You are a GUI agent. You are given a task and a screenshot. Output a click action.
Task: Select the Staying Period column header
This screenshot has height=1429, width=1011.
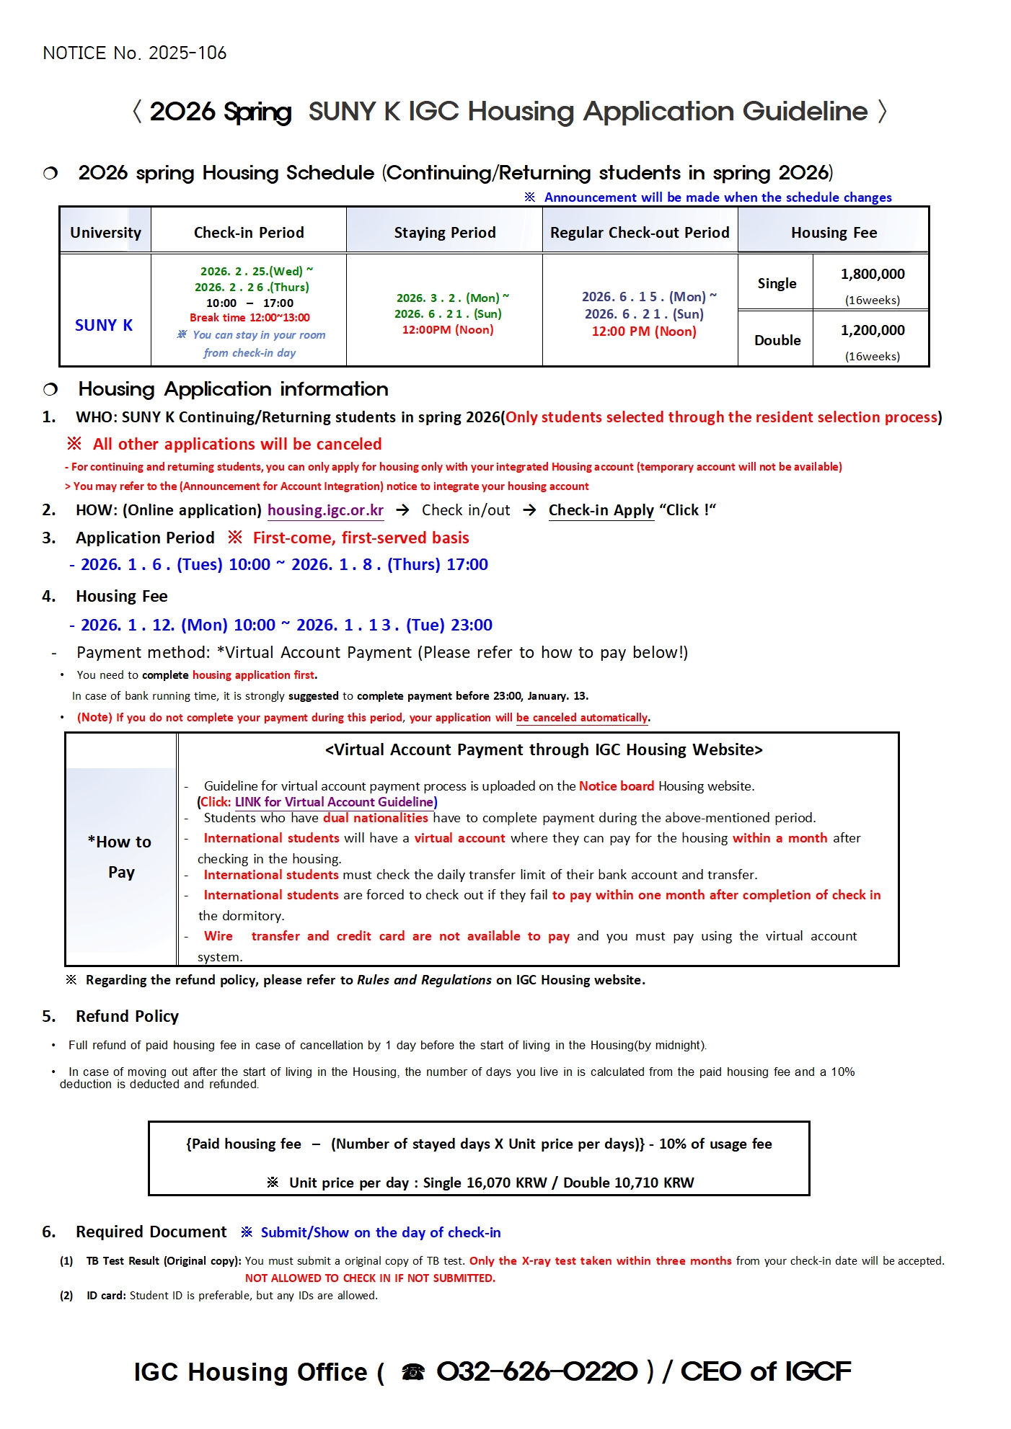[x=444, y=233]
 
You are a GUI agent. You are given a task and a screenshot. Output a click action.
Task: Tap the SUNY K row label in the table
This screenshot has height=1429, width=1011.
[x=104, y=326]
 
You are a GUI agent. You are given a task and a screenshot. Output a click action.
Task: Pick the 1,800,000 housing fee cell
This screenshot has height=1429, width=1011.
[x=872, y=275]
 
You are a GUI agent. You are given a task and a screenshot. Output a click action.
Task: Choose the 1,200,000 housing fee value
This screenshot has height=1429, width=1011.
[x=872, y=331]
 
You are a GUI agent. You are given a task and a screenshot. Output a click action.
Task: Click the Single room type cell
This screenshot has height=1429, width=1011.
[x=777, y=284]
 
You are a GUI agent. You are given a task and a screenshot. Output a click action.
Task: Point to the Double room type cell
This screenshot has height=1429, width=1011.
[x=777, y=340]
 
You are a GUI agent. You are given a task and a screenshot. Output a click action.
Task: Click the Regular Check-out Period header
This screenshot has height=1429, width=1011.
[x=640, y=233]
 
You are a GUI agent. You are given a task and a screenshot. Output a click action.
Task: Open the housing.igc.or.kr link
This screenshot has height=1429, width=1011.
[x=325, y=510]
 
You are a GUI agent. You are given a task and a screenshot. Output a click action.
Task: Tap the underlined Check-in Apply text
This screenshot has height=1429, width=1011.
[x=601, y=510]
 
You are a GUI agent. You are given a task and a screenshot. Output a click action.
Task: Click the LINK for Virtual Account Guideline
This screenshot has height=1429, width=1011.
[x=335, y=802]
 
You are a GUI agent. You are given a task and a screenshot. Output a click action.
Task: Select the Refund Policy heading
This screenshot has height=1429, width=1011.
[x=127, y=1017]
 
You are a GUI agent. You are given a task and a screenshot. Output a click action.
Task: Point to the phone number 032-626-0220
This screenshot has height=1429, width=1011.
[x=537, y=1371]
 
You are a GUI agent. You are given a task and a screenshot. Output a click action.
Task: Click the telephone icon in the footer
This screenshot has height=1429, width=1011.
[x=413, y=1372]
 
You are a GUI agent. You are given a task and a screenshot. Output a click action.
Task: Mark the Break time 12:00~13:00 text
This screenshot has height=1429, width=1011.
[x=250, y=318]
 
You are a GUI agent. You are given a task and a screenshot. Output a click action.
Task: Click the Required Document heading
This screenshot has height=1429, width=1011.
[x=151, y=1232]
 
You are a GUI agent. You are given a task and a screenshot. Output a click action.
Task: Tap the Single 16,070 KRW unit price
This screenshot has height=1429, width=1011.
[x=485, y=1183]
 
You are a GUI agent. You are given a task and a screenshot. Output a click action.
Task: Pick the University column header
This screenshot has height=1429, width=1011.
[x=105, y=233]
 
